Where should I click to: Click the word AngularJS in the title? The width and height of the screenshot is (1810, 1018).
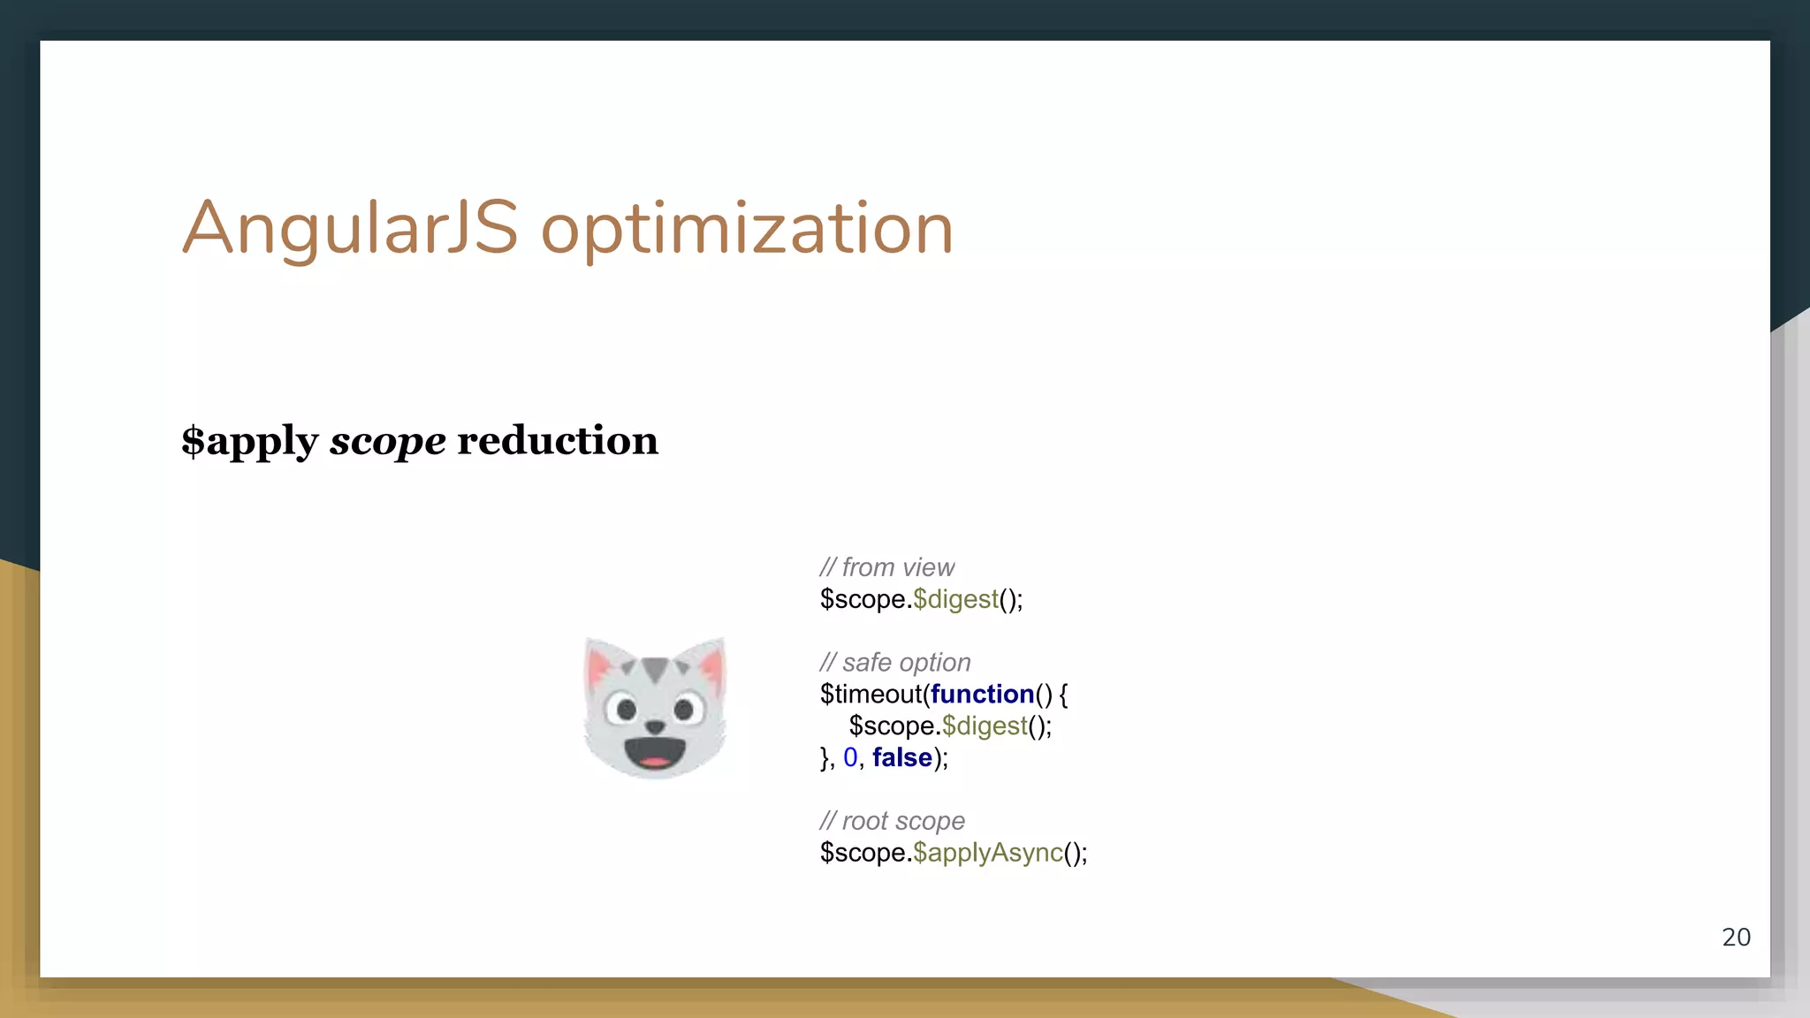point(350,229)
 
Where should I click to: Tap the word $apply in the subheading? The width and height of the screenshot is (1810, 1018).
point(249,441)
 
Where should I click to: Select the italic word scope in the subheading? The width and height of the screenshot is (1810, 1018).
point(387,441)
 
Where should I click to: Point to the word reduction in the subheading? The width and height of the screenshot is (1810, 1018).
point(557,440)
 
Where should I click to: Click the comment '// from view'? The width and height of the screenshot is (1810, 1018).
point(886,567)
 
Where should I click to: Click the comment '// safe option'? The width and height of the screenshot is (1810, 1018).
point(894,662)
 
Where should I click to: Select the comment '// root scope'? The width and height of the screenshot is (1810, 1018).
point(892,821)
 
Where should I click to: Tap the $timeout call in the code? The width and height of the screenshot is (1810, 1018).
point(871,695)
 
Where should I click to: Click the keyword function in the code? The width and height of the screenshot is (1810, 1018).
point(982,695)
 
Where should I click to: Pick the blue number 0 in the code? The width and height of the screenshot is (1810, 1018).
point(850,757)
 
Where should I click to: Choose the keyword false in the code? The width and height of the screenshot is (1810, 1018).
point(901,757)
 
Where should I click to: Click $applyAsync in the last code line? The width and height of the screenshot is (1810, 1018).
point(987,853)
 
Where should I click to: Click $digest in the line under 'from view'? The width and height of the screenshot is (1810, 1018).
point(955,599)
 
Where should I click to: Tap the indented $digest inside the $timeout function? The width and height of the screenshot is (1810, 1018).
point(985,726)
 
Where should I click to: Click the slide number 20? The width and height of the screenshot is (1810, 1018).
point(1736,937)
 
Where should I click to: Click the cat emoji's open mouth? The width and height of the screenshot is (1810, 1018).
point(654,754)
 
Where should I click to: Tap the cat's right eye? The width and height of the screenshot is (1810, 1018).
point(683,708)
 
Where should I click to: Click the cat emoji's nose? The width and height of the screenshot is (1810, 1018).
point(654,726)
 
